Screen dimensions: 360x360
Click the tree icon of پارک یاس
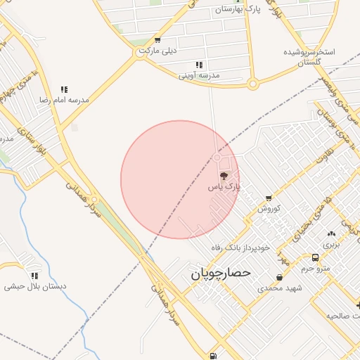(224, 176)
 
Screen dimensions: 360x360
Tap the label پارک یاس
(224, 187)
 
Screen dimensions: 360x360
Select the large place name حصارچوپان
(221, 274)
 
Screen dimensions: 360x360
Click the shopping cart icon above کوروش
(268, 198)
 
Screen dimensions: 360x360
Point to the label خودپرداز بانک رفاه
(240, 247)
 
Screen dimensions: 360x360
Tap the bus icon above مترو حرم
(315, 257)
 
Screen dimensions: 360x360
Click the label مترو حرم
(315, 268)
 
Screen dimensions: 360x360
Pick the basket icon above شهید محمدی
(280, 278)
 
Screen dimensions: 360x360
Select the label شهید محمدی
(279, 288)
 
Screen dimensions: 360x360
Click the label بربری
(330, 243)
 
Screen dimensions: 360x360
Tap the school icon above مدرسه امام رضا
(64, 89)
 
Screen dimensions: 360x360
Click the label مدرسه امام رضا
(64, 100)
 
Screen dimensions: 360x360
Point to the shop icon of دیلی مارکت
(157, 40)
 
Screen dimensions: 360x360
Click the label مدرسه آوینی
(199, 75)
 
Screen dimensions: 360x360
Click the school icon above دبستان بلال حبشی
(34, 276)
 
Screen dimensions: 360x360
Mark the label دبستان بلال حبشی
(35, 286)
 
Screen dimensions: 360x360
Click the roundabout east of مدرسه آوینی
(252, 84)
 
